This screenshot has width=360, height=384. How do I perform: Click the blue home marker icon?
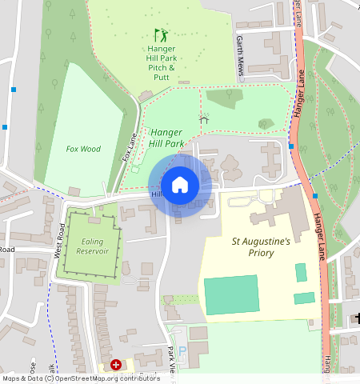pos(180,185)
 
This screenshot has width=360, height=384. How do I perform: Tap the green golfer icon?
pos(161,35)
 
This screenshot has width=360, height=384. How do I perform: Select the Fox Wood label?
pos(83,149)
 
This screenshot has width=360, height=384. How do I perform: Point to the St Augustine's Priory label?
pos(263,246)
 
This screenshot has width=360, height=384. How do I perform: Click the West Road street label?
pos(60,241)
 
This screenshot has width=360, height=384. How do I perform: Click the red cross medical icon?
pos(117,365)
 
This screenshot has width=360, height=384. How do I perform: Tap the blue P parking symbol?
pos(181,351)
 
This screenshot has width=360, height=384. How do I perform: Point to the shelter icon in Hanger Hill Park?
pos(203,118)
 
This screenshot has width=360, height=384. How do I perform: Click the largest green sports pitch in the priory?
pos(231,295)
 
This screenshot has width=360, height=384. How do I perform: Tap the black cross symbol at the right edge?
pos(356,319)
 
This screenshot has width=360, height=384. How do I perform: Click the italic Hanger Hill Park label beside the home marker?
pos(167,138)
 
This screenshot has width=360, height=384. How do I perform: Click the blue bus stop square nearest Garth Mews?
pos(291,146)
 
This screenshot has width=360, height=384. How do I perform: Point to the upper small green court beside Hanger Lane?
pos(301,272)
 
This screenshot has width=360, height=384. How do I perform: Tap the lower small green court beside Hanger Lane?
pos(304,298)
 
